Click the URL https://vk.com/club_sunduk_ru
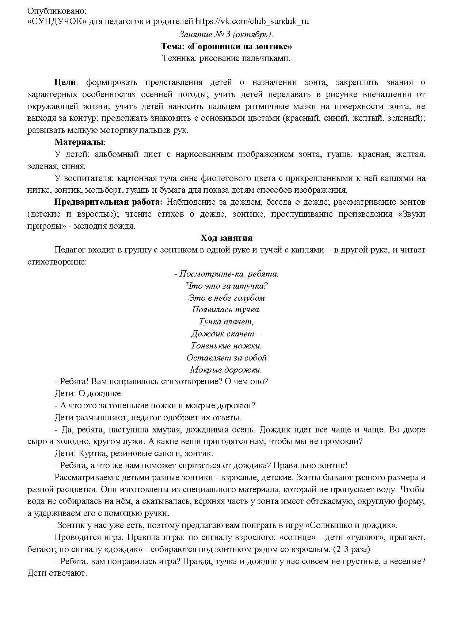[x=252, y=21]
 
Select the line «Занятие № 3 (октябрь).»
[x=226, y=35]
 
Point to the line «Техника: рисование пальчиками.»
[x=226, y=58]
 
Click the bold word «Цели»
[x=65, y=82]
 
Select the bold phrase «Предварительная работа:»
[x=108, y=202]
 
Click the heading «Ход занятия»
[x=226, y=238]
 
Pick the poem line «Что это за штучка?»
[x=226, y=286]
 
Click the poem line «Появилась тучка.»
[x=226, y=310]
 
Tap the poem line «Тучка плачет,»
[x=226, y=322]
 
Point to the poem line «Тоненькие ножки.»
[x=226, y=346]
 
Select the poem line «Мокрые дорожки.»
[x=226, y=370]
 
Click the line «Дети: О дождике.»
[x=89, y=394]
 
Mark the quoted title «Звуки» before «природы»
[x=411, y=214]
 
